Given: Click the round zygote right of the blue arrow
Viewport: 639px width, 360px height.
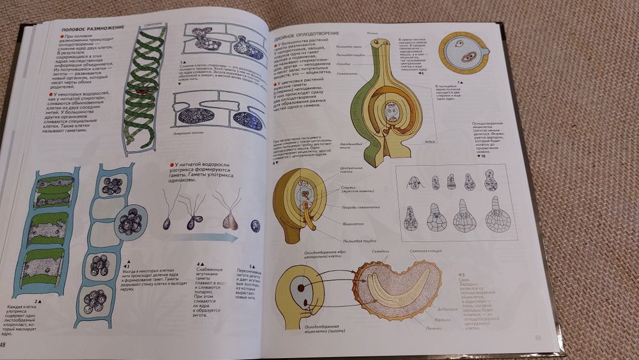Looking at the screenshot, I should [x=256, y=226].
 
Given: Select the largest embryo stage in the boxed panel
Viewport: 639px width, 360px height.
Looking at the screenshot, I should [x=497, y=215].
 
